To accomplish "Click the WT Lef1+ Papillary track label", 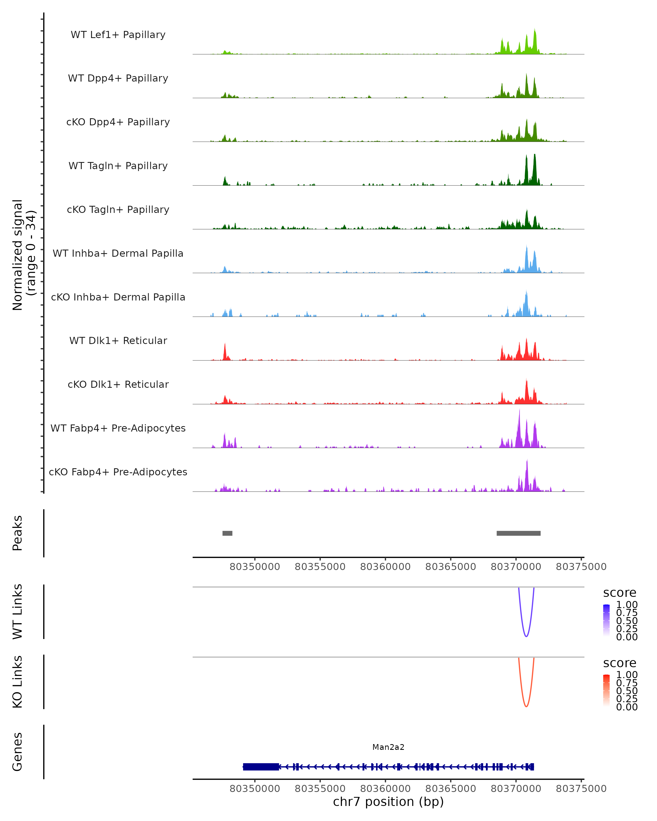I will click(118, 35).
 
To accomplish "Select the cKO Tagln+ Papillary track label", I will click(118, 209).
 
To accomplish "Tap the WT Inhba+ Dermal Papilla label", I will click(118, 253).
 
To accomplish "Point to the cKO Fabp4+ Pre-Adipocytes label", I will click(118, 472).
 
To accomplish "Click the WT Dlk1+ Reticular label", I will click(118, 340).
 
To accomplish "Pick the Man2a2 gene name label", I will click(388, 747).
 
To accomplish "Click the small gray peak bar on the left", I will click(227, 533).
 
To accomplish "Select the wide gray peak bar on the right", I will click(518, 533).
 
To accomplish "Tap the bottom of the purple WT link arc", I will click(526, 636).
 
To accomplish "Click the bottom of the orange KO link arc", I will click(526, 706).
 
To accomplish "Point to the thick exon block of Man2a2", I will click(261, 767).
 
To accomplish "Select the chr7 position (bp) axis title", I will click(388, 801).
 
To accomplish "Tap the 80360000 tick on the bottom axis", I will click(385, 788).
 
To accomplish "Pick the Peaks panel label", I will click(18, 533).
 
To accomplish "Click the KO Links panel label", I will click(18, 682).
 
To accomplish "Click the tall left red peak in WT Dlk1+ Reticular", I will click(225, 350).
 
